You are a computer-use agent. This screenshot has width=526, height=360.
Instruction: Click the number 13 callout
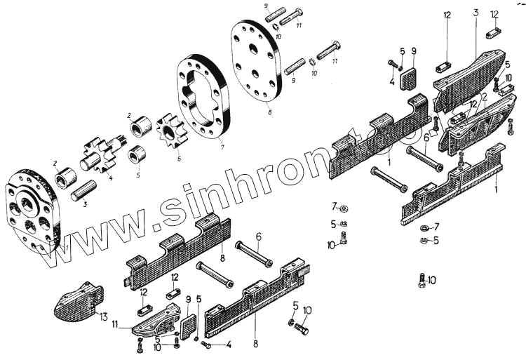pyautogui.click(x=103, y=317)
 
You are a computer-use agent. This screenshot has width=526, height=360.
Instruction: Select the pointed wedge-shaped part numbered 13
pyautogui.click(x=74, y=300)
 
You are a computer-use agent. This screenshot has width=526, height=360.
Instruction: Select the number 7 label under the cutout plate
pyautogui.click(x=222, y=147)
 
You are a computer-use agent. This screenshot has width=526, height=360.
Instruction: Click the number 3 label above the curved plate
pyautogui.click(x=476, y=13)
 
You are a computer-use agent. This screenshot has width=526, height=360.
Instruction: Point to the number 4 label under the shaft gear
pyautogui.click(x=109, y=177)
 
